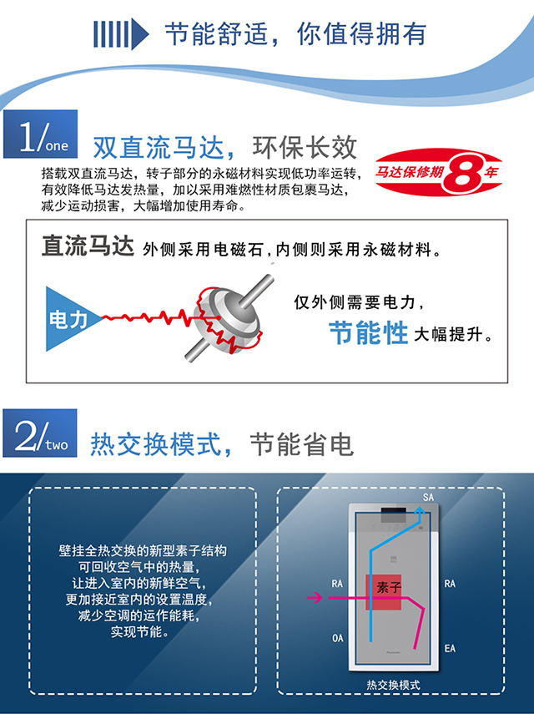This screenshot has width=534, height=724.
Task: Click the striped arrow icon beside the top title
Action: [x=121, y=33]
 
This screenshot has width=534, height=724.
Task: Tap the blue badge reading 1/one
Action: [x=40, y=134]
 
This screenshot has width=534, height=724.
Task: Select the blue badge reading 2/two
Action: [x=40, y=433]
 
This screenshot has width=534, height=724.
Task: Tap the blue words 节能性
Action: [x=368, y=333]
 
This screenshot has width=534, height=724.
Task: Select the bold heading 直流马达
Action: [x=88, y=246]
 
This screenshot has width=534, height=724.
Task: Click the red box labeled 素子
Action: [x=384, y=592]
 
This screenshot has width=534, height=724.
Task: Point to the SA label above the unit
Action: [x=428, y=498]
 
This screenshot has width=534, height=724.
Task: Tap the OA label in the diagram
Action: [x=338, y=638]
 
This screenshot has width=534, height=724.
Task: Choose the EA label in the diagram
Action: [x=450, y=648]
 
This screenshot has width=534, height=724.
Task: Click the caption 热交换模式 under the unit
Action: [x=393, y=685]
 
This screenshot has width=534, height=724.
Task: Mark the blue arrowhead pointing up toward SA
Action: [x=419, y=512]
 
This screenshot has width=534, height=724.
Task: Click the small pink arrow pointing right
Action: [x=315, y=597]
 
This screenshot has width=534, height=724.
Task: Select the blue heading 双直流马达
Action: [x=159, y=148]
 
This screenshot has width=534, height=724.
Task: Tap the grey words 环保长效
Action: [x=305, y=147]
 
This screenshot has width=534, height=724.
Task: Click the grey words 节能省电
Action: [x=302, y=444]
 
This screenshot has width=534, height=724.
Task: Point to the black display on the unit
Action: [x=394, y=511]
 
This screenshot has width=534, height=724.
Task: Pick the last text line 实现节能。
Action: [x=140, y=631]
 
